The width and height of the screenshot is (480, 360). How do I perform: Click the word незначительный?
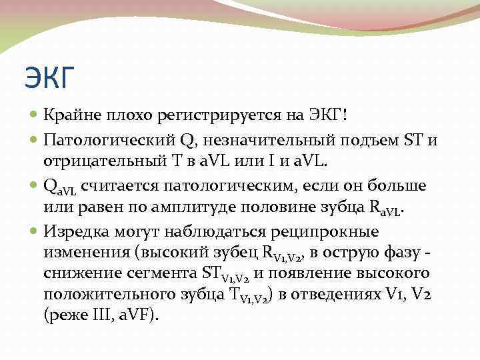point(263,140)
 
